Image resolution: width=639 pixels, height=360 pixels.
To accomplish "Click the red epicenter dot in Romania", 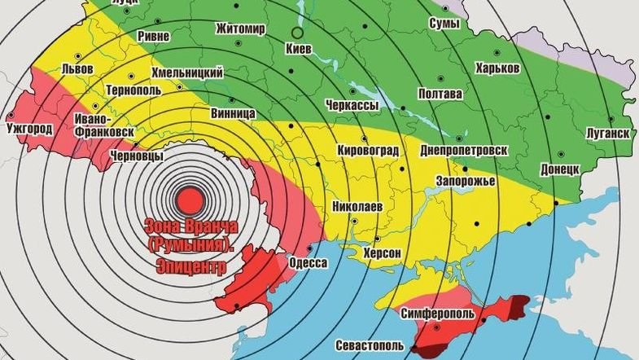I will [x=190, y=199].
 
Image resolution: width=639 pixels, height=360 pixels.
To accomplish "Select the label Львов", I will [x=77, y=68].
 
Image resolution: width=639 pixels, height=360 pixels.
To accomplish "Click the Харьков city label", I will [x=497, y=68].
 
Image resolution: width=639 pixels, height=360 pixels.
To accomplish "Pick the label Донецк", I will [x=559, y=169].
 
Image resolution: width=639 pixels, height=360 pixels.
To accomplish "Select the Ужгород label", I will [x=28, y=129].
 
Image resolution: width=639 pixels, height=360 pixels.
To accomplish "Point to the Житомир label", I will [x=241, y=29].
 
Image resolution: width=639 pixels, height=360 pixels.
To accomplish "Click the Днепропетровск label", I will [x=464, y=151].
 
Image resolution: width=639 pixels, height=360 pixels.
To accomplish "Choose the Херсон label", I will [x=383, y=253].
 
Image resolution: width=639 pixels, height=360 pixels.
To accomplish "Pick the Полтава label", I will [x=440, y=94].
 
